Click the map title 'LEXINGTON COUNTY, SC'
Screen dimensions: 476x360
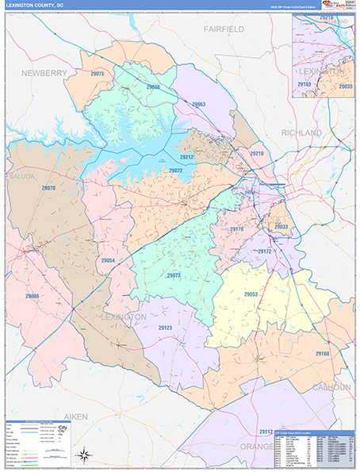[x=35, y=4]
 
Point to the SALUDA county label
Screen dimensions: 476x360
[x=21, y=176]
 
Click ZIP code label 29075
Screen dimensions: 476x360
[x=98, y=74]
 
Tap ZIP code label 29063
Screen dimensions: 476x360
[x=198, y=105]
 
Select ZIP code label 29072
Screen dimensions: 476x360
[x=175, y=171]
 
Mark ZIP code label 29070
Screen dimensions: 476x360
[x=48, y=188]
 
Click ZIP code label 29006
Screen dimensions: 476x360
[x=32, y=296]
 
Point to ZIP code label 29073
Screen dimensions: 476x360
[x=174, y=275]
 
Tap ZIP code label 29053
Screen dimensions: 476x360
[x=251, y=294]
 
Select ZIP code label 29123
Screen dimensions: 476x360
[x=165, y=328]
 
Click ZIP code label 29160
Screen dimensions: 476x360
[x=322, y=353]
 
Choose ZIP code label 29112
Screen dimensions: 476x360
[x=265, y=431]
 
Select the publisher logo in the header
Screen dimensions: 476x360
[x=335, y=5]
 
